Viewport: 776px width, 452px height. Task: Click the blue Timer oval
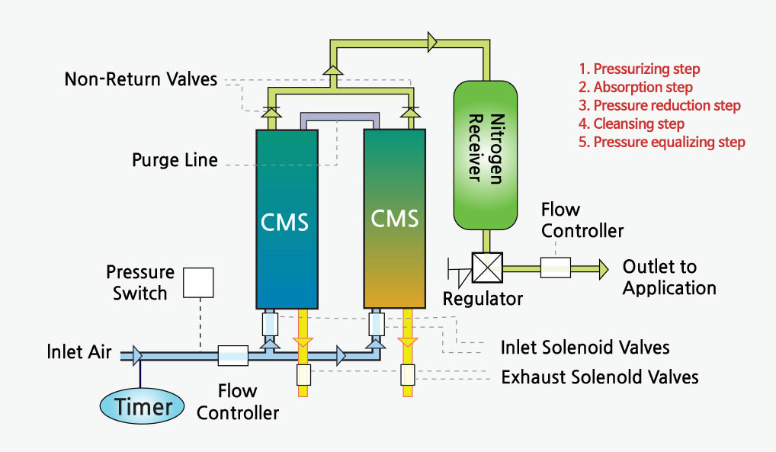point(142,406)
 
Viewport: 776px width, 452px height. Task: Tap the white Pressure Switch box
point(198,283)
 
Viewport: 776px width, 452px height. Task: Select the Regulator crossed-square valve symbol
point(487,268)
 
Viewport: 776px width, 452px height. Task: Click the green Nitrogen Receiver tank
point(486,155)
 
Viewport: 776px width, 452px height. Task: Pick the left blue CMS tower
point(287,220)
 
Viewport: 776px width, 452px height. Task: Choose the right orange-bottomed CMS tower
point(394,219)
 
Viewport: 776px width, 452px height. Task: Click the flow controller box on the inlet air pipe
point(233,355)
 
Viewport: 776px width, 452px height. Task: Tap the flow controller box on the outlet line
point(555,268)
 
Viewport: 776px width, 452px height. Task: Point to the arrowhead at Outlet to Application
point(604,269)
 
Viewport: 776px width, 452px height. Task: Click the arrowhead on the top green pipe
point(432,42)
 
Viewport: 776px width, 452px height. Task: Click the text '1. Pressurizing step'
point(640,69)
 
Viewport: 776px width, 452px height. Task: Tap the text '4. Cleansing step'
point(631,123)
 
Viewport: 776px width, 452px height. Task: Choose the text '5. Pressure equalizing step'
point(662,142)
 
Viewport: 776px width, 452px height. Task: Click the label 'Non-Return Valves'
point(141,79)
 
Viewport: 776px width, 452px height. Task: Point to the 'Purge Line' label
point(175,160)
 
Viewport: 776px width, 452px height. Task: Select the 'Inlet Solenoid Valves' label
point(585,348)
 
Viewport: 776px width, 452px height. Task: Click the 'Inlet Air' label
point(79,352)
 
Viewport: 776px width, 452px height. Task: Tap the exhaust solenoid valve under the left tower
point(303,375)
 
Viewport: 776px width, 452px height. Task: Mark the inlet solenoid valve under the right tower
point(377,324)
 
